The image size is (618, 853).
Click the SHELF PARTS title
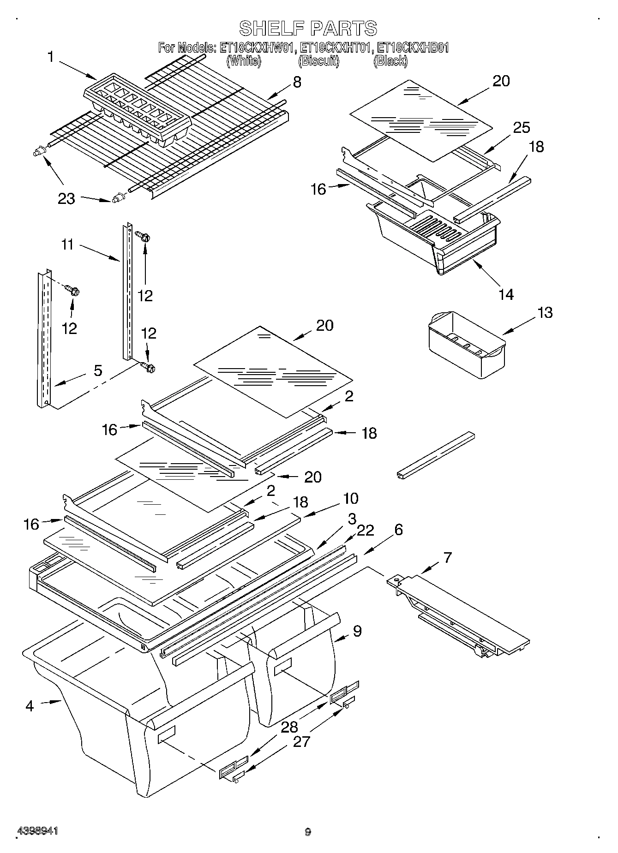point(308,29)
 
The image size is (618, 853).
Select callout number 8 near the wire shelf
point(297,82)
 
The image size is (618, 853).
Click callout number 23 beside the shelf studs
point(66,199)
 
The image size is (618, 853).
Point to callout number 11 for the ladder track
point(67,244)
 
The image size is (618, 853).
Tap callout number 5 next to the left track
point(97,371)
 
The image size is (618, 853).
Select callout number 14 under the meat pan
point(506,294)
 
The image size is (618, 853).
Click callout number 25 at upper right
point(522,127)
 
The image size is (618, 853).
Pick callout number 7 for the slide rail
point(447,557)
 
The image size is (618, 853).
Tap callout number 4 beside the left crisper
point(30,706)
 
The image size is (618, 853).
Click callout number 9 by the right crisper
point(357,631)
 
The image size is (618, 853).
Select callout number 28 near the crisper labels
point(289,728)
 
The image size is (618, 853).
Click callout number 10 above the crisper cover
point(350,498)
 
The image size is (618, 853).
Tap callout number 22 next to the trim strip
point(365,531)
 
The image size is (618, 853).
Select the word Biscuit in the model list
point(319,61)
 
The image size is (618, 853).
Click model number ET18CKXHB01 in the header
point(413,48)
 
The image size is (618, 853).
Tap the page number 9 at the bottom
point(308,832)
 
